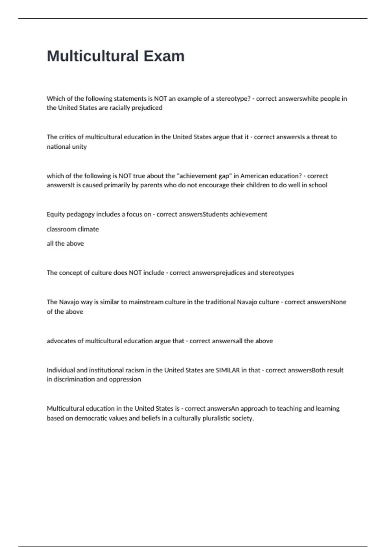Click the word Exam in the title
[x=164, y=56]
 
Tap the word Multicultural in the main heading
[x=93, y=56]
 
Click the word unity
[x=79, y=147]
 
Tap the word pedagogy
[x=75, y=215]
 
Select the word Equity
[x=55, y=215]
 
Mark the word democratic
[x=91, y=419]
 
